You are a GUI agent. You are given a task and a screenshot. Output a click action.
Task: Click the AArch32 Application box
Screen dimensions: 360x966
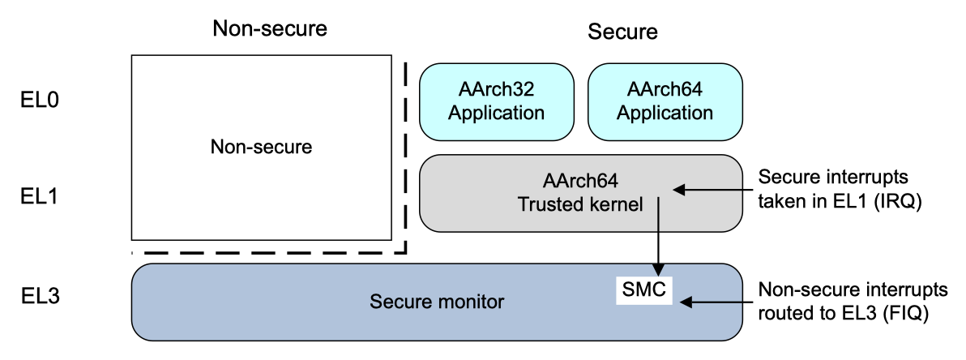(x=494, y=101)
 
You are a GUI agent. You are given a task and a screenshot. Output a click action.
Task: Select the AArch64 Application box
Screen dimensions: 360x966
(x=664, y=101)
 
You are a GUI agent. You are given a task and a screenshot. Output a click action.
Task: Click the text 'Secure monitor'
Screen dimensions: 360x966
(x=437, y=303)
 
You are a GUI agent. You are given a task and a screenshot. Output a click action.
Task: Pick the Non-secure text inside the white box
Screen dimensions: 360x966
(x=261, y=148)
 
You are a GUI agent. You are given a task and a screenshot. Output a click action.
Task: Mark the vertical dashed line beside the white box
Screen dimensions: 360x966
(x=404, y=154)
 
